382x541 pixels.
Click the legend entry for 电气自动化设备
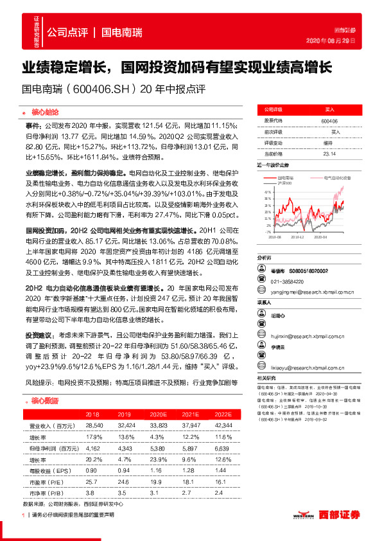click(336, 177)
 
